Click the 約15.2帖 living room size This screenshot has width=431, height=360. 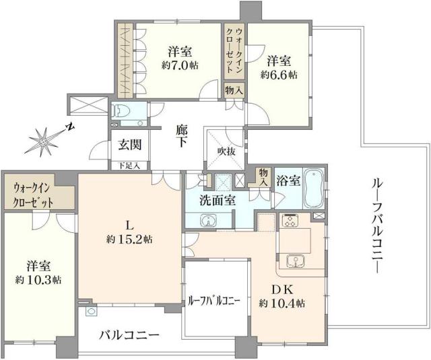129,239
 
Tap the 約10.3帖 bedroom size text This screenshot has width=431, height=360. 39,279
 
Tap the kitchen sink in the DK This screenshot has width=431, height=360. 294,260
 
